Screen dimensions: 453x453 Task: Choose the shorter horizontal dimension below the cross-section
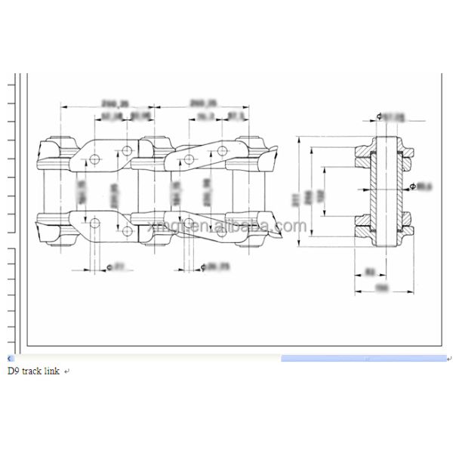tap(369, 270)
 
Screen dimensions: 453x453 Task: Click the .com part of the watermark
tap(291, 226)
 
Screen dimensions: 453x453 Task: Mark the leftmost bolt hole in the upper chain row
tap(94, 160)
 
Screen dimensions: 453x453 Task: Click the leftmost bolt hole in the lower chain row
tap(94, 223)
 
